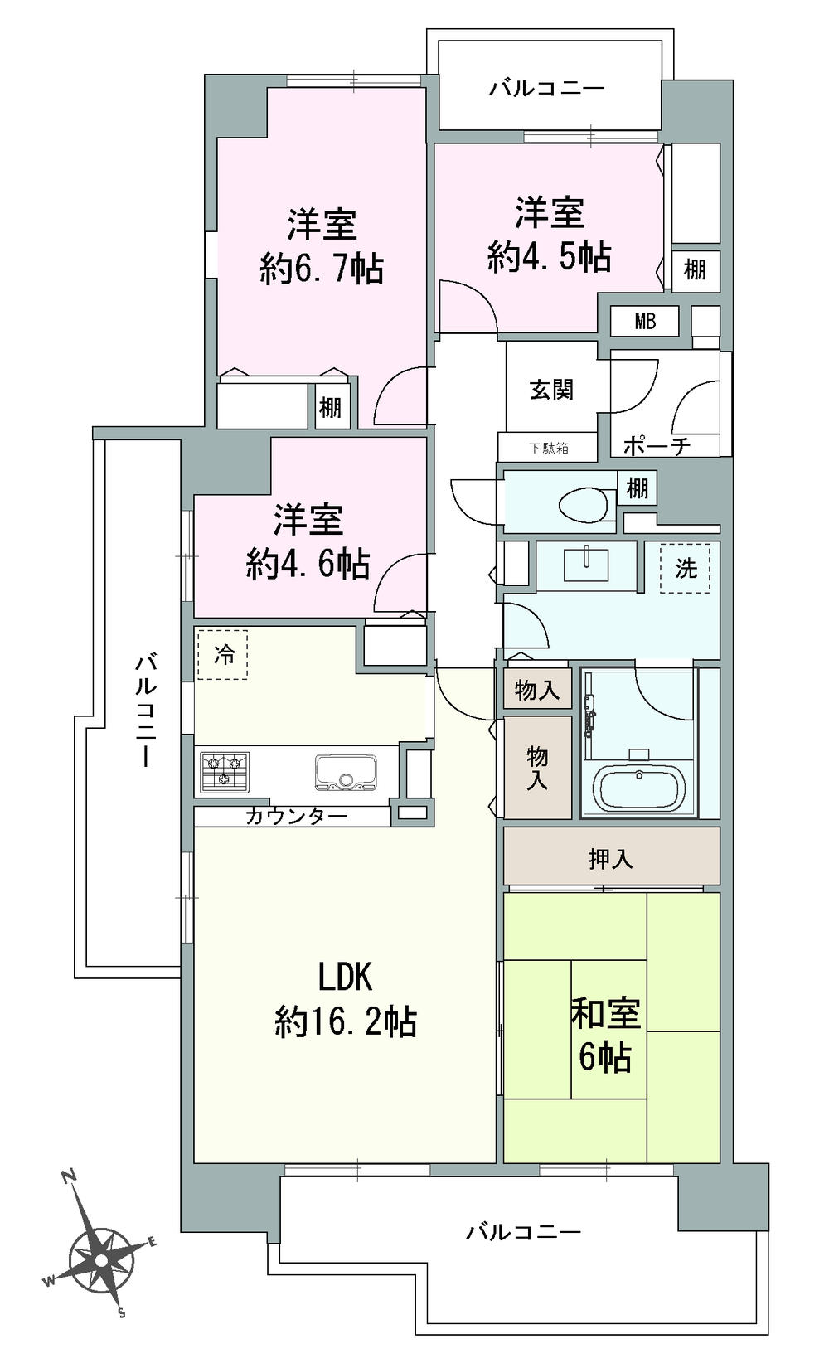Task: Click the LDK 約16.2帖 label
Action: [x=345, y=1000]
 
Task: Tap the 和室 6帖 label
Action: [x=605, y=1036]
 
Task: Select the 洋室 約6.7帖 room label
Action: [x=322, y=246]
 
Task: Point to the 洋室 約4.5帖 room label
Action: [x=549, y=235]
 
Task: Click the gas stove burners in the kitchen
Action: [x=224, y=769]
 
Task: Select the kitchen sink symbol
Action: [x=345, y=772]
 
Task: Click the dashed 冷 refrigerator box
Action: [x=223, y=655]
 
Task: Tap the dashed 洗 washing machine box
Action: [x=685, y=569]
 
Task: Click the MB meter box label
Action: [x=644, y=321]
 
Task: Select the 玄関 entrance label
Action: [x=551, y=389]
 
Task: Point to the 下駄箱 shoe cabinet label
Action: [x=549, y=449]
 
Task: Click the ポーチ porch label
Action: [x=657, y=446]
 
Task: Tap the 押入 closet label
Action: [x=611, y=859]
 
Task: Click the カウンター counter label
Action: [x=296, y=816]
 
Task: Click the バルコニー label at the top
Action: [x=546, y=88]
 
